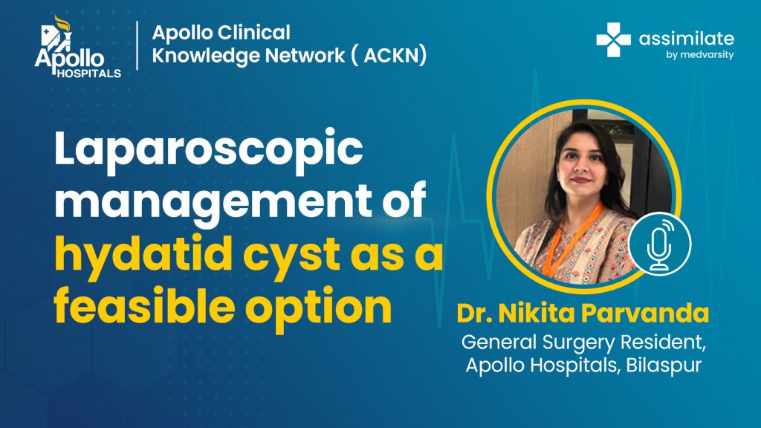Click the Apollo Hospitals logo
(x=77, y=47)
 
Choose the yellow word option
(x=318, y=308)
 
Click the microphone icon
(x=660, y=244)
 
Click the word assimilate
(x=686, y=39)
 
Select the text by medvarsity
(x=699, y=55)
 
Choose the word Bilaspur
(x=664, y=366)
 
